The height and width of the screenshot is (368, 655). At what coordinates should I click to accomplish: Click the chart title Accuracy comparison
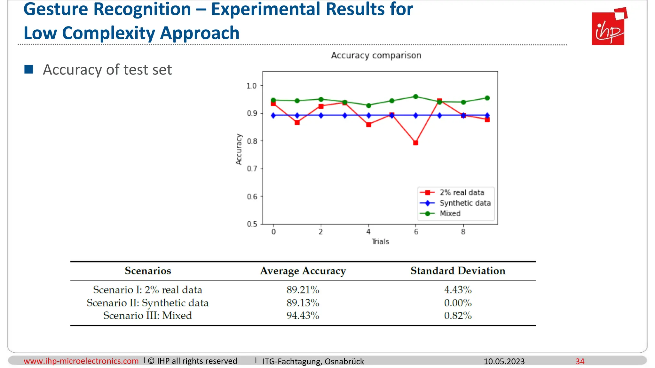(x=376, y=55)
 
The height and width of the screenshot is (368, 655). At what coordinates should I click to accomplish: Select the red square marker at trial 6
(x=416, y=143)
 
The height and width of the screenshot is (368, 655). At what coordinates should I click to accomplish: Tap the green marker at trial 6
(x=416, y=96)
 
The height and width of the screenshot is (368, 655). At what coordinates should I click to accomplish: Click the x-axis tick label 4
(x=368, y=232)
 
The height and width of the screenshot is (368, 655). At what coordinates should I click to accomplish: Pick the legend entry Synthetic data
(x=465, y=203)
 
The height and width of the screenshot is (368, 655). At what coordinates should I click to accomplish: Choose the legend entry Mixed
(x=450, y=214)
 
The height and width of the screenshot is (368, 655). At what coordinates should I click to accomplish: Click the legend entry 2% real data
(x=462, y=193)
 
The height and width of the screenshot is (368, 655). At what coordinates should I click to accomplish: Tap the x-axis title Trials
(x=380, y=242)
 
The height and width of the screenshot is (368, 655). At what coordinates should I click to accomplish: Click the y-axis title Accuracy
(x=239, y=149)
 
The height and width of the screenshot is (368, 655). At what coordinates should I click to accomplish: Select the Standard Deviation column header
(x=458, y=271)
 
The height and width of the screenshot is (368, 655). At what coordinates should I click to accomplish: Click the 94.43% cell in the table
(x=303, y=316)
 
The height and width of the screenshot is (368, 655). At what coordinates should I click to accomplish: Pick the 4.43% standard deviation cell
(x=458, y=290)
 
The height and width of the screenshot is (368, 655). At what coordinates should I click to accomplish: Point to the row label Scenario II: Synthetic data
(x=147, y=303)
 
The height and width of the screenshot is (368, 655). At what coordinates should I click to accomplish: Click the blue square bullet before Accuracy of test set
(x=29, y=69)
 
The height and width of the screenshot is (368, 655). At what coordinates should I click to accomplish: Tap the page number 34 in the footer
(x=580, y=361)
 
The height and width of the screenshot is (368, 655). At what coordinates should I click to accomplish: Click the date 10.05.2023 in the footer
(x=504, y=361)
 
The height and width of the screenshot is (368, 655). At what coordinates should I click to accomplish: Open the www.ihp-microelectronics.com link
(x=81, y=361)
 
